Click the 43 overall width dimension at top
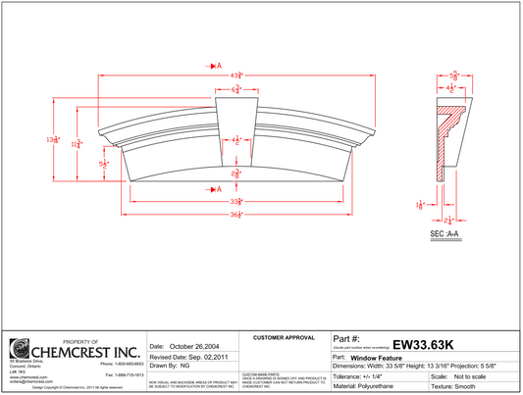[235, 76]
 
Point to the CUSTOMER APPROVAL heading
[284, 337]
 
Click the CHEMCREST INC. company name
[86, 351]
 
